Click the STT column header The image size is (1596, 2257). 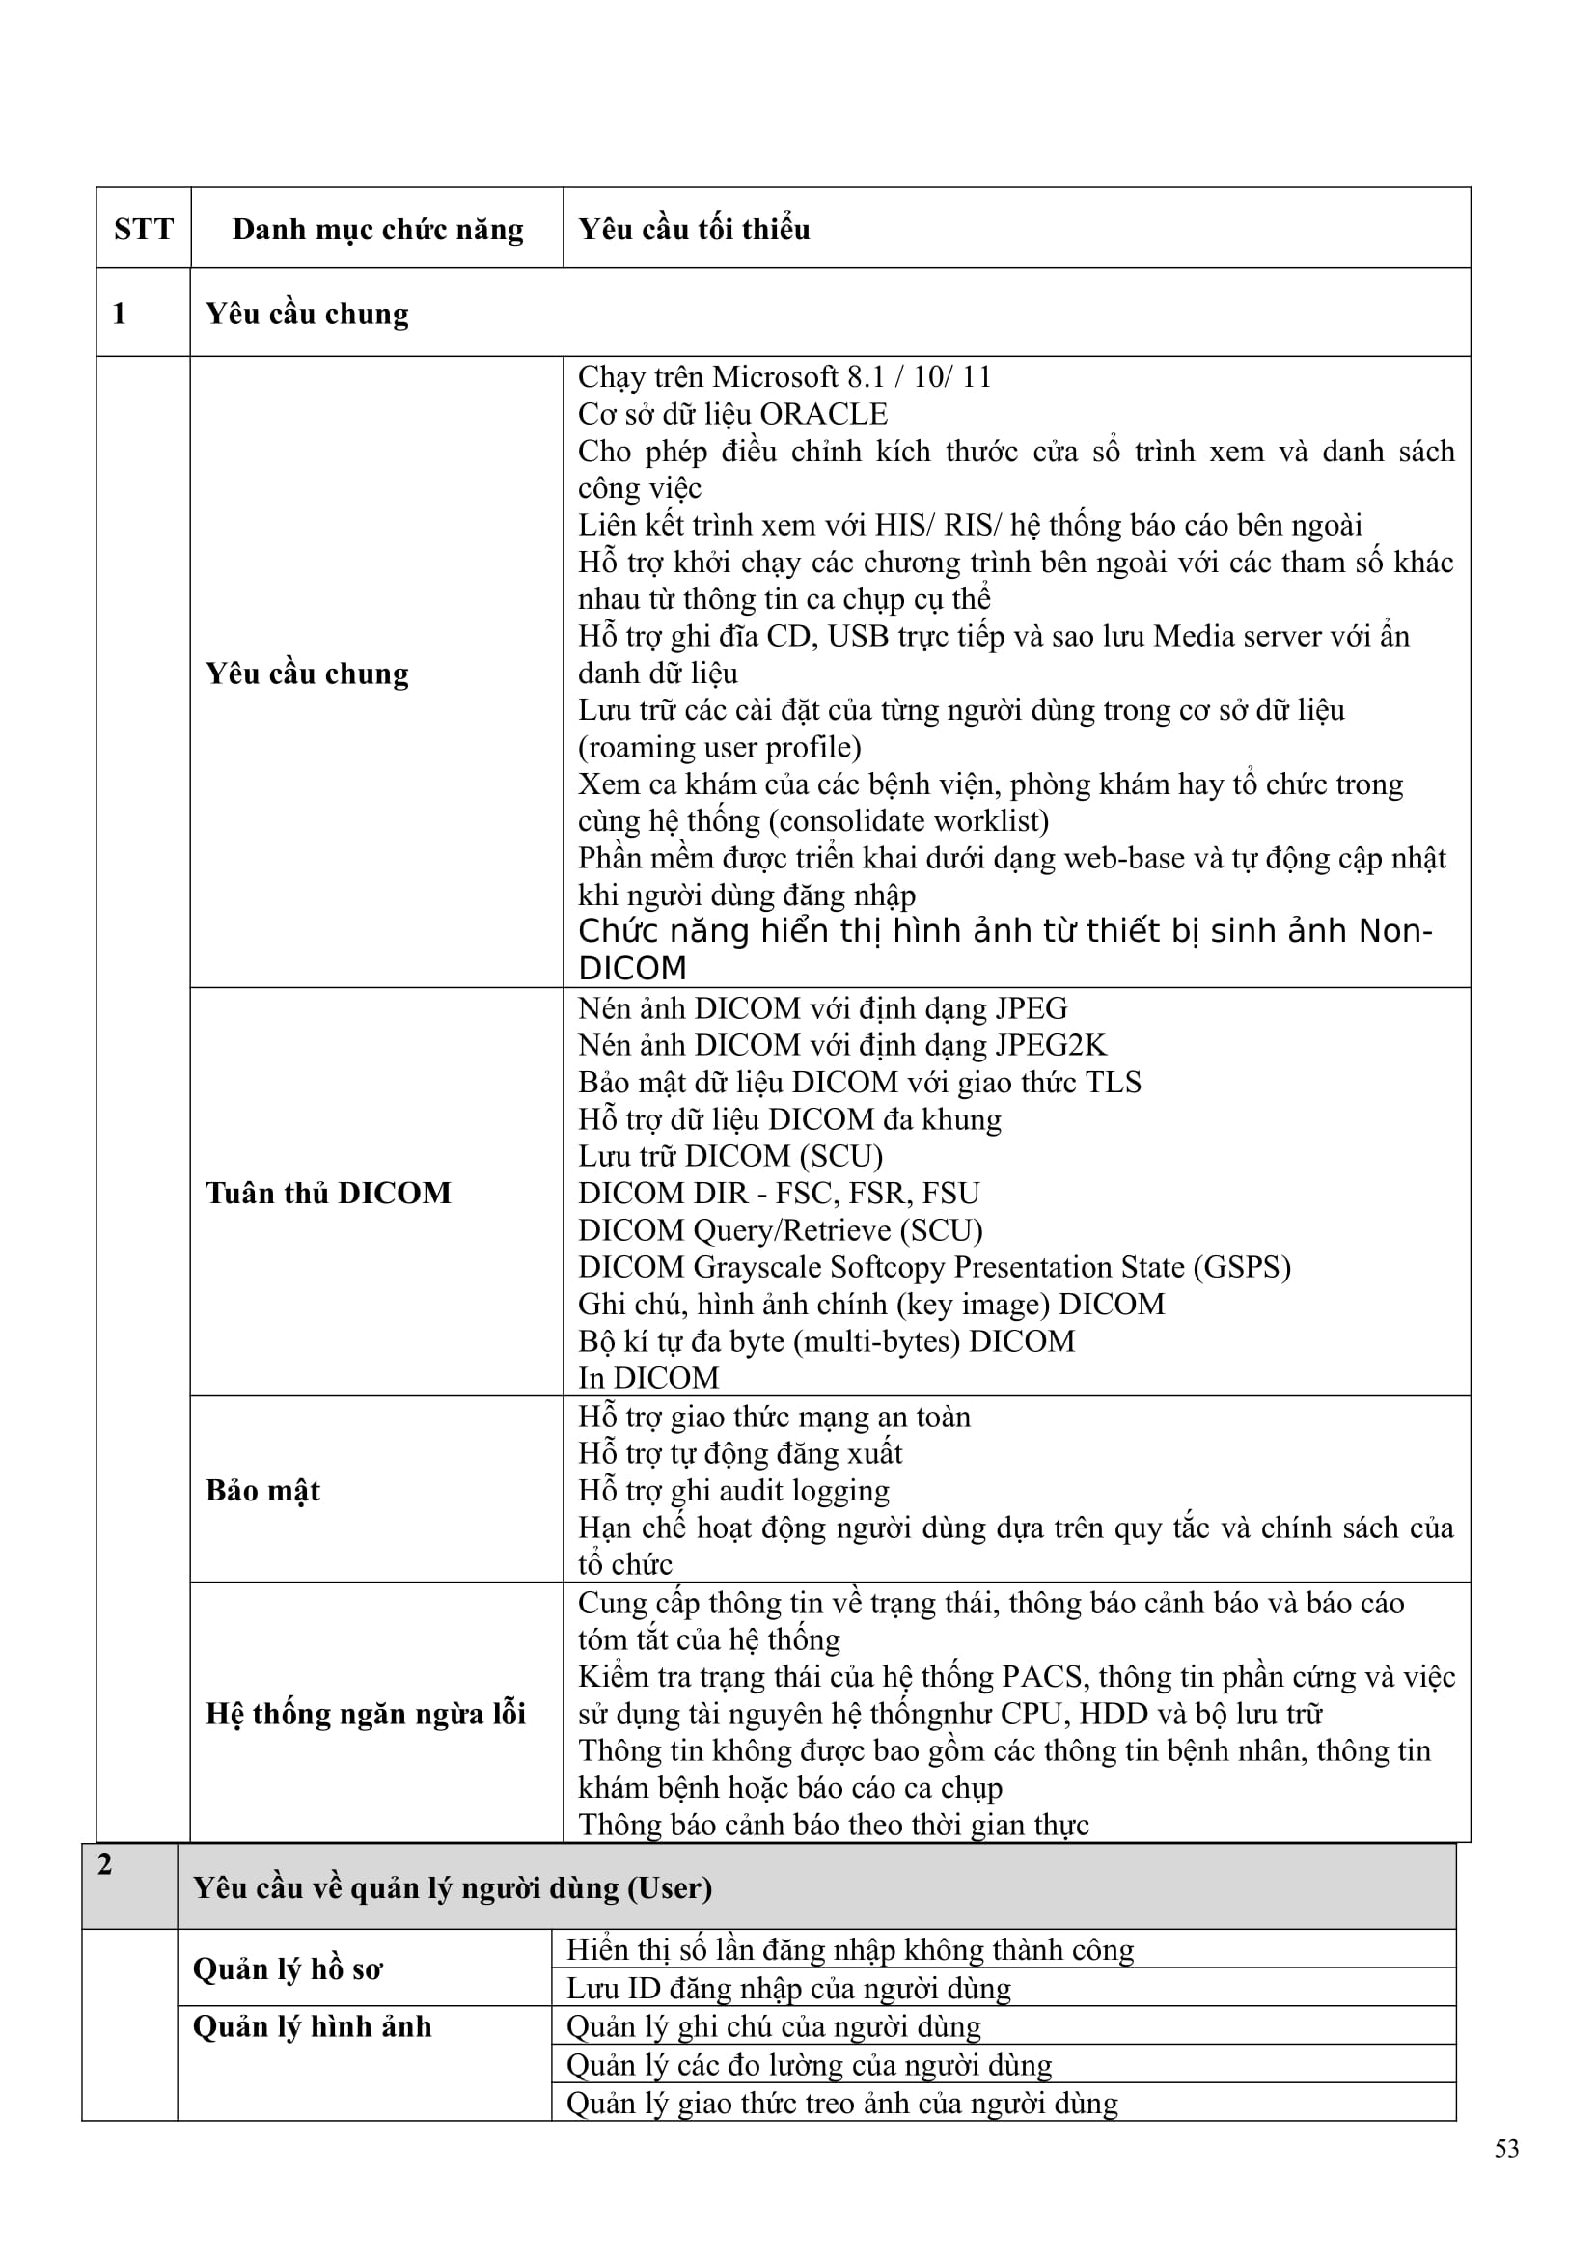click(144, 229)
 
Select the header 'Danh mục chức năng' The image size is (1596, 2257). click(377, 229)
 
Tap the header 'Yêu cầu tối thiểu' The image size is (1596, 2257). click(694, 229)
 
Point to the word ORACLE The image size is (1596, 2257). click(823, 414)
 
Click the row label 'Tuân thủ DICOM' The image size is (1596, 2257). click(328, 1193)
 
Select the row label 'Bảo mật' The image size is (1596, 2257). click(262, 1490)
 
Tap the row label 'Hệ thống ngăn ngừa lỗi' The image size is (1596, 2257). click(366, 1714)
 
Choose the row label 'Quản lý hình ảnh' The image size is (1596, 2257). click(313, 2026)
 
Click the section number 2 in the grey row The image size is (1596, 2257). click(105, 1864)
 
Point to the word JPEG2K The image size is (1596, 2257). click(1051, 1045)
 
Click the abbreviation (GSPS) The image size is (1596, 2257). click(1242, 1267)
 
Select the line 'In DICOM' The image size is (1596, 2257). click(648, 1378)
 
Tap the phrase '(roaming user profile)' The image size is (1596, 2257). click(720, 747)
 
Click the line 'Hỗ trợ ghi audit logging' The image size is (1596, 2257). click(733, 1490)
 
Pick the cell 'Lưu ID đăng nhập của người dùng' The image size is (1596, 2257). click(788, 1989)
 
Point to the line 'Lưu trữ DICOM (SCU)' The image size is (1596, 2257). click(730, 1156)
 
